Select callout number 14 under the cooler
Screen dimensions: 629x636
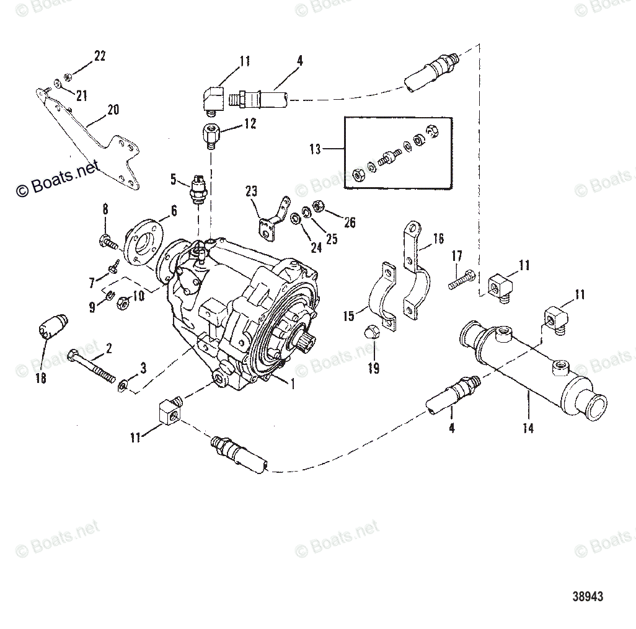[x=528, y=428]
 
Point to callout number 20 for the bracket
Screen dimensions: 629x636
[x=112, y=110]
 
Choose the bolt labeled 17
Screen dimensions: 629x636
[x=461, y=279]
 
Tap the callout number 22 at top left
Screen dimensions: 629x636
[x=99, y=56]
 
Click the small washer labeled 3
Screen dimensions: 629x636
[x=123, y=387]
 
